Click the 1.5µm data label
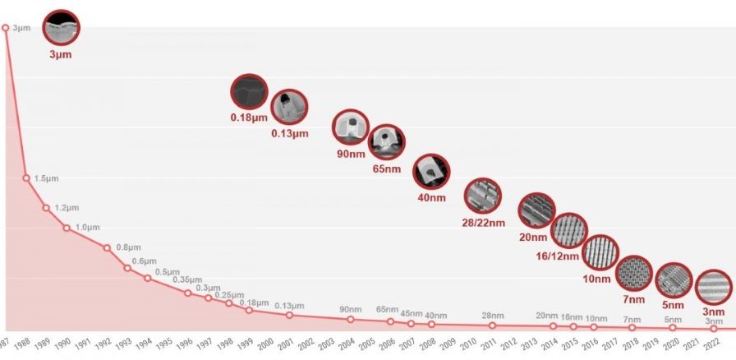(47, 178)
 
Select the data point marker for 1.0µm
(67, 228)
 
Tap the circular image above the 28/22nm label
(482, 196)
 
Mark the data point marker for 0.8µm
(107, 247)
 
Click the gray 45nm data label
(411, 314)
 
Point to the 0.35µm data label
(187, 280)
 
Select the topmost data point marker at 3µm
(6, 28)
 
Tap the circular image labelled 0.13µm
(289, 106)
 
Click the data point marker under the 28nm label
(493, 325)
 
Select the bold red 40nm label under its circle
(431, 197)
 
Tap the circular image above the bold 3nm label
(713, 287)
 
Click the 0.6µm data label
(145, 261)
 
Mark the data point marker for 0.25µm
(229, 303)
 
